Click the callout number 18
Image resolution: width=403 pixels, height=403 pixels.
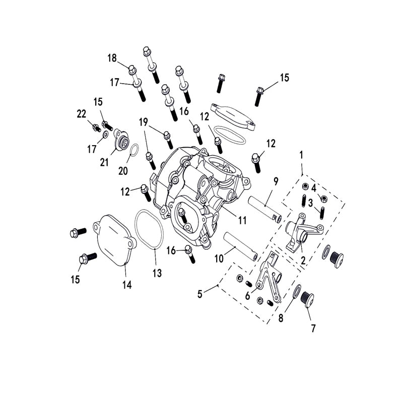[112, 58]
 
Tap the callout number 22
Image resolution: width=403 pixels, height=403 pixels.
[82, 114]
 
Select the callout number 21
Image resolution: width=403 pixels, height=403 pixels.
[104, 162]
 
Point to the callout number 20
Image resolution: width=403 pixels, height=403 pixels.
[123, 171]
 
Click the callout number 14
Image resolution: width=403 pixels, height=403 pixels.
[127, 285]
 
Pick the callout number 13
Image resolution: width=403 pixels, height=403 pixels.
[157, 273]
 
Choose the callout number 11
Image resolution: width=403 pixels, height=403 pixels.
[242, 220]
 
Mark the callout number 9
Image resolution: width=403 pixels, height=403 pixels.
[276, 181]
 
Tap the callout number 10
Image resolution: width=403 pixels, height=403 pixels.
[219, 258]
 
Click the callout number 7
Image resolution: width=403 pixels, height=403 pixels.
[313, 328]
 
